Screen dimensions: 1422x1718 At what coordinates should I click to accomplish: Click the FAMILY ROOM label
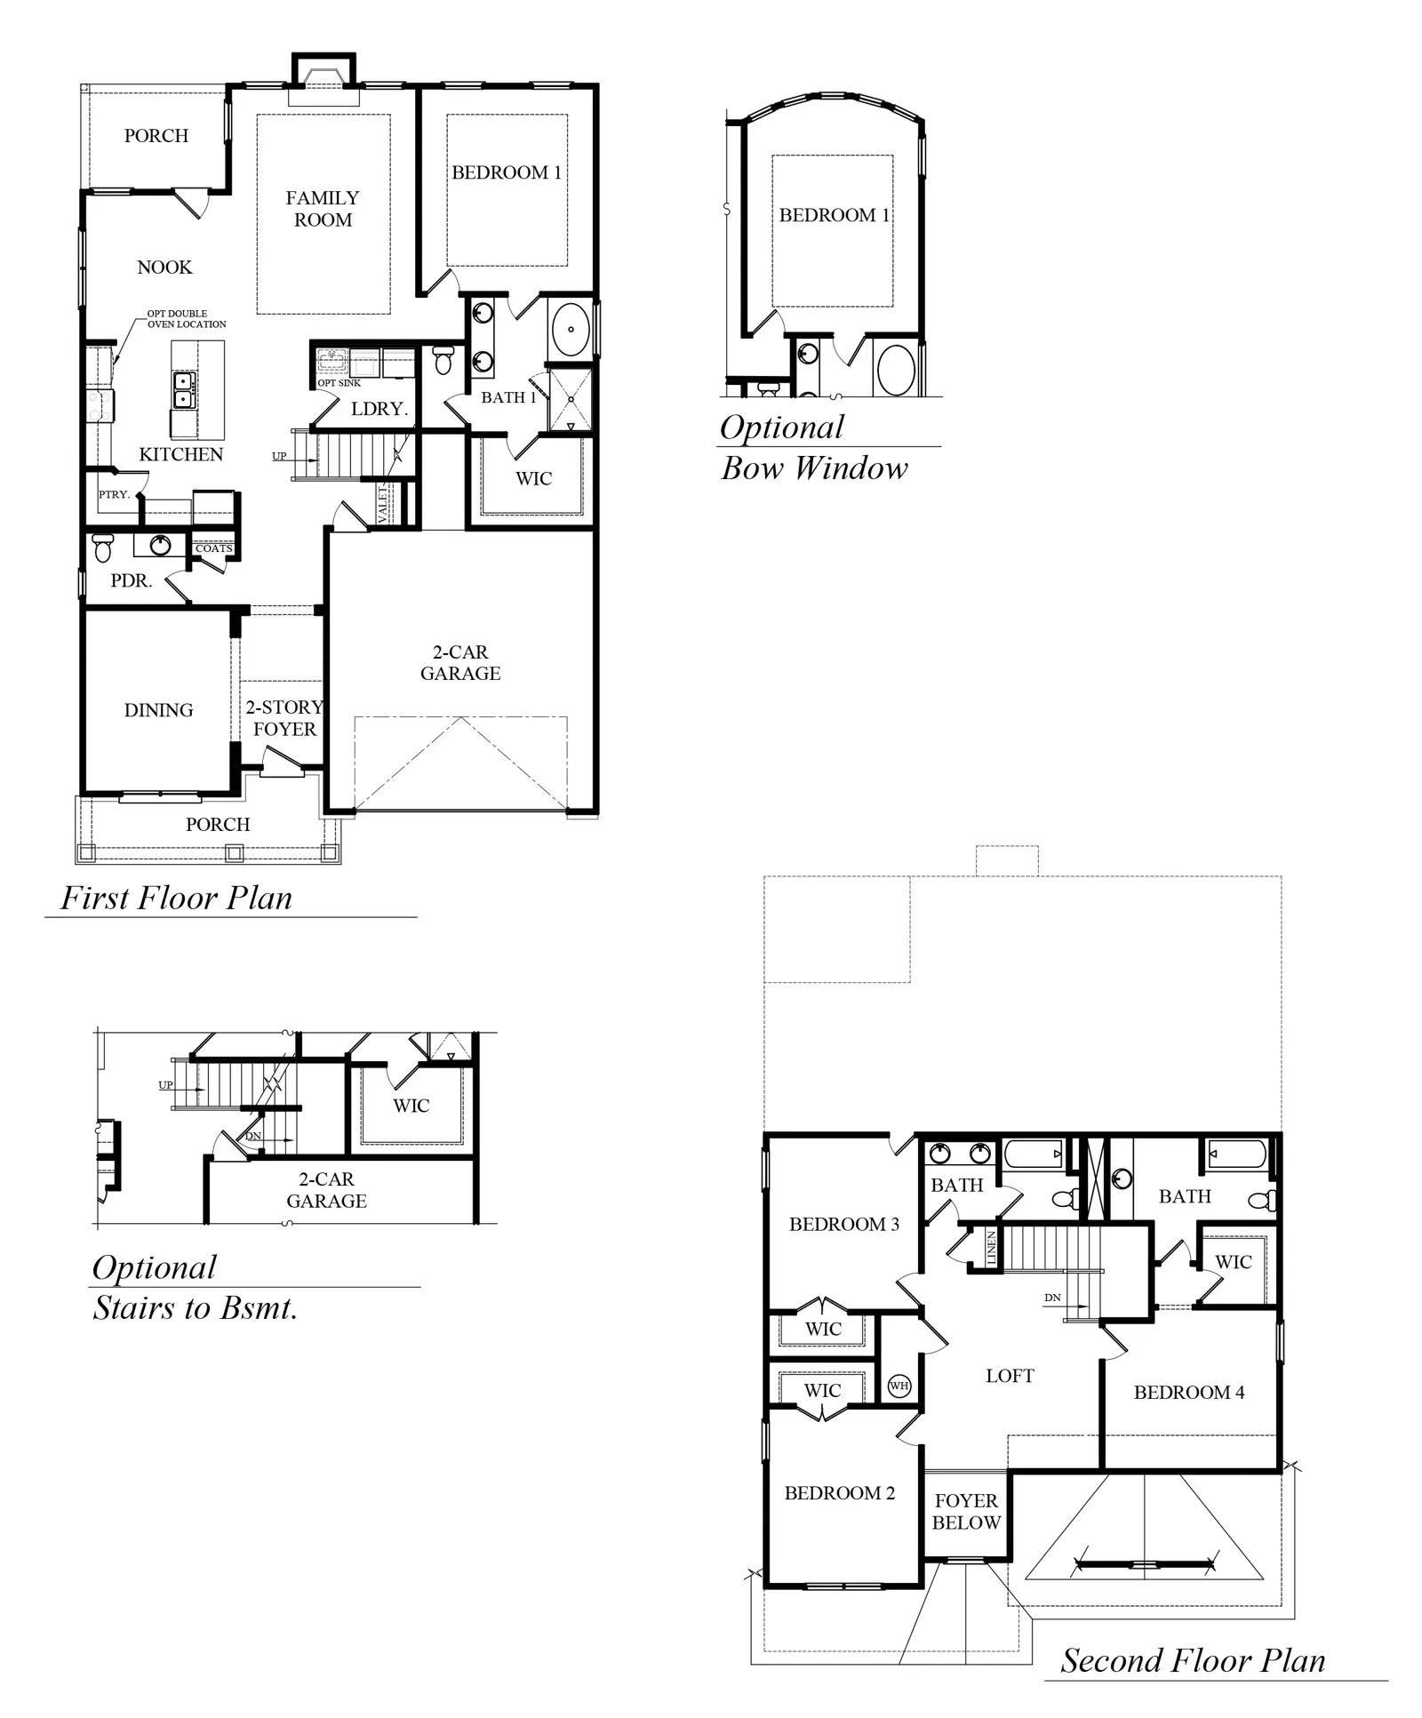click(323, 209)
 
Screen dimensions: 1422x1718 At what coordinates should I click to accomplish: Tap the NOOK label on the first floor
click(164, 268)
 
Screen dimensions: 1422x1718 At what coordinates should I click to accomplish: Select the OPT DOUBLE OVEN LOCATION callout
click(187, 319)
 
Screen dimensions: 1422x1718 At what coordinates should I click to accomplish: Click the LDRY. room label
click(379, 409)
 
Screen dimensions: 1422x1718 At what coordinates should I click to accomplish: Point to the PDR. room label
click(132, 581)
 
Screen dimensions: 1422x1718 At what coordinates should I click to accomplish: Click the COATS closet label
click(213, 548)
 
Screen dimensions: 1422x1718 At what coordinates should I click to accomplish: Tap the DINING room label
click(158, 710)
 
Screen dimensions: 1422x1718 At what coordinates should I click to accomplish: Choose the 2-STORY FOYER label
click(284, 718)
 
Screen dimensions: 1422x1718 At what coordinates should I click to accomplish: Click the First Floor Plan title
click(176, 898)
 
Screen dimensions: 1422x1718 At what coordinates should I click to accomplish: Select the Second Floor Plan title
click(1193, 1660)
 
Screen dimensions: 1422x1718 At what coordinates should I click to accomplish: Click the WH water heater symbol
click(899, 1386)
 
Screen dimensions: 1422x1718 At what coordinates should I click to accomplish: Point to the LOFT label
click(1010, 1376)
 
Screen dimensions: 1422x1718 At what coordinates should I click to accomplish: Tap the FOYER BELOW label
click(966, 1512)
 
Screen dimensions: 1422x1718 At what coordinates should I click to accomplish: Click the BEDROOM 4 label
click(1189, 1393)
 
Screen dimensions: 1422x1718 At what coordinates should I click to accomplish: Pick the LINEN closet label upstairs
click(992, 1248)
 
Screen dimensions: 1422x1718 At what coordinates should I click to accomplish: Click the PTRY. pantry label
click(114, 494)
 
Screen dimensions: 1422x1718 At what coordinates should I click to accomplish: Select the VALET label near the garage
click(383, 504)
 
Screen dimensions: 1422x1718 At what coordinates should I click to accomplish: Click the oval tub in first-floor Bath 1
click(570, 329)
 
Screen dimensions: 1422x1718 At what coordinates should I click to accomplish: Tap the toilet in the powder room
click(102, 548)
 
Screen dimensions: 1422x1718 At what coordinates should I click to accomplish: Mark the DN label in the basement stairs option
click(253, 1136)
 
